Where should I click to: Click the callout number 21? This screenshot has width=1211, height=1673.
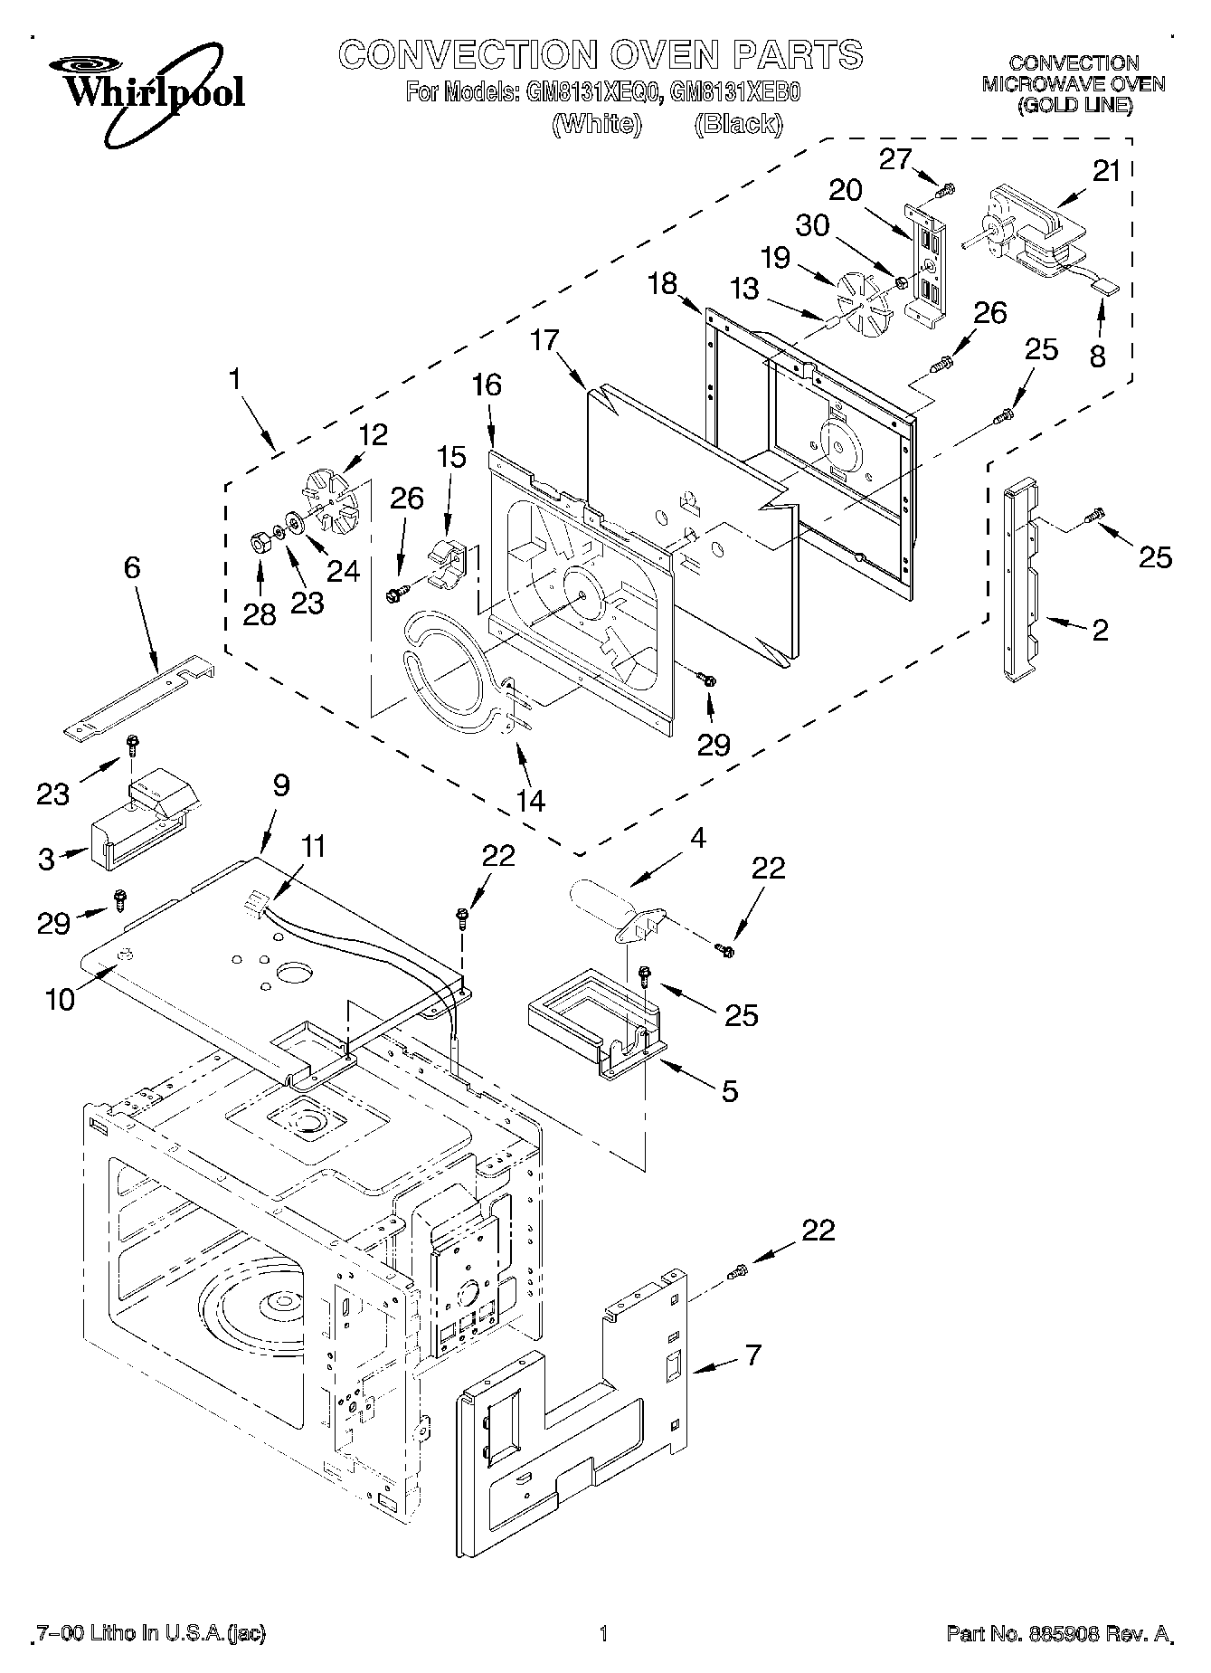1106,171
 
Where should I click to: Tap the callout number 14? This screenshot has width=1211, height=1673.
531,799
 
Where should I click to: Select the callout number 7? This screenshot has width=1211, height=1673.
752,1355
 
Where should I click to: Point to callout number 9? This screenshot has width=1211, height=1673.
280,785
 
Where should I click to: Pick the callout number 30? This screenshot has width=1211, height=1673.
813,224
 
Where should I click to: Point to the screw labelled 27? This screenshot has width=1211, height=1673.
946,190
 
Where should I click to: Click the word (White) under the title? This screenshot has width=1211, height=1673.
597,124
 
